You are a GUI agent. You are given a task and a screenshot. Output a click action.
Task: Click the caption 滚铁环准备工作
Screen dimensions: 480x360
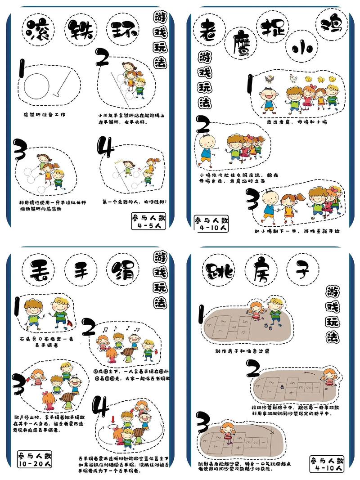pos(45,115)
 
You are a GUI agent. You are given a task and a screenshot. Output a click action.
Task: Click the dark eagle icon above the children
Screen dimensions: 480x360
pos(269,80)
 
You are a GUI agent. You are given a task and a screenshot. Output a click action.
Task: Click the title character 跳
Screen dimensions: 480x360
pos(220,271)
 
